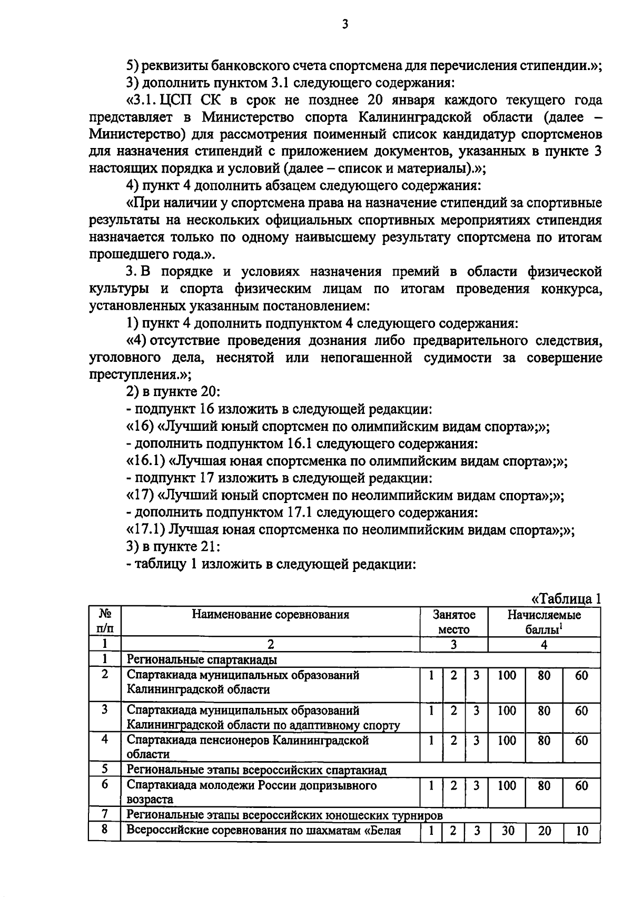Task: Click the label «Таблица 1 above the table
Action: (x=566, y=599)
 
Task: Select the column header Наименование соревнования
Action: (x=270, y=614)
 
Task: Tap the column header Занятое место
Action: (x=453, y=622)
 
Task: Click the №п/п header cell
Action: (x=104, y=621)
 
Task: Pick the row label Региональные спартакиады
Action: (x=202, y=659)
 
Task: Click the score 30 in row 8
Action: (x=507, y=831)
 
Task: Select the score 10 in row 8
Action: (x=581, y=831)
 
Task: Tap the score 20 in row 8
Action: (x=544, y=831)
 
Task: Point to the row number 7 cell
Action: (x=104, y=814)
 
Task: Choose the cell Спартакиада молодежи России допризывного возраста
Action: (x=252, y=792)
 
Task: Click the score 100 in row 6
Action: (x=507, y=785)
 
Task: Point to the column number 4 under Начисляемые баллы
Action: (x=544, y=644)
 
